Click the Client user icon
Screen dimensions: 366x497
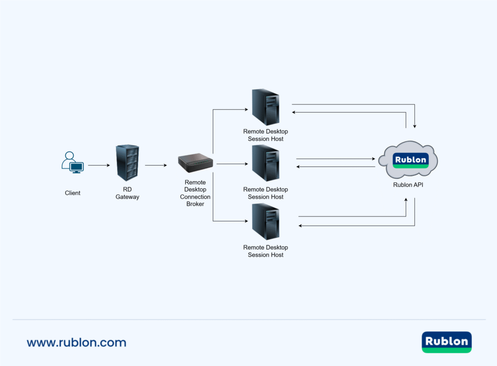[72, 163]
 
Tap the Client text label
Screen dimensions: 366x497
[72, 193]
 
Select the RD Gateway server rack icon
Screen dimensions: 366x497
[127, 163]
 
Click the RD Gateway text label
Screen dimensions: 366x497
[127, 193]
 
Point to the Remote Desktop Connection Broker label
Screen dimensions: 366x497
[195, 193]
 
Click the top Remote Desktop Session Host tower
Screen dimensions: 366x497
[265, 107]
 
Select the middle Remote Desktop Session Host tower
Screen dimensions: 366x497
[265, 163]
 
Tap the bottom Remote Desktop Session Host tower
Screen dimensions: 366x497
[265, 221]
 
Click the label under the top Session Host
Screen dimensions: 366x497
[265, 135]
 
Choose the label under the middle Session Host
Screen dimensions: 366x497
[265, 193]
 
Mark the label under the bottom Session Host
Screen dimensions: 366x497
[265, 251]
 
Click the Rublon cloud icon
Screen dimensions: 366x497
[410, 160]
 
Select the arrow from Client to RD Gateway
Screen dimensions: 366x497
[99, 165]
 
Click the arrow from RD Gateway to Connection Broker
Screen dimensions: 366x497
[156, 165]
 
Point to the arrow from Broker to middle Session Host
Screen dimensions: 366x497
[232, 164]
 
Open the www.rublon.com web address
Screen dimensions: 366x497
[76, 342]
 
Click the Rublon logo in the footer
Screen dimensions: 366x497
[447, 342]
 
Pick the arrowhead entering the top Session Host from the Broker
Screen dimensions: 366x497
[246, 109]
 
